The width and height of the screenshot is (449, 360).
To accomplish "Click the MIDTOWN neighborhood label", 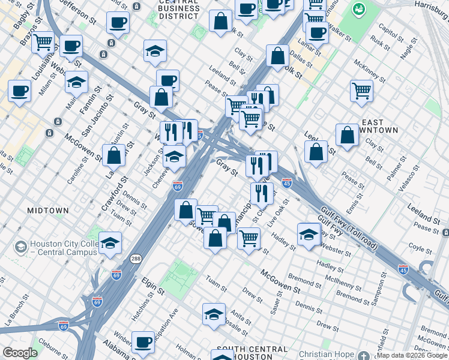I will point(47,211).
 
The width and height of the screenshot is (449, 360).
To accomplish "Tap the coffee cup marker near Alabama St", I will point(143,343).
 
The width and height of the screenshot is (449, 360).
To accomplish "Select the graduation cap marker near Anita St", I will point(214,315).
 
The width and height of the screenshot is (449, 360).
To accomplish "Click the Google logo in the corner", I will point(19,353).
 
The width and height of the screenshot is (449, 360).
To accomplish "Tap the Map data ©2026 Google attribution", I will point(412,355).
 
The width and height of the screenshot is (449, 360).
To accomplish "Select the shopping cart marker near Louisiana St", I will point(43,43).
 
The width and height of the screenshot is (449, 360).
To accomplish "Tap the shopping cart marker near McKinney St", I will point(361,91).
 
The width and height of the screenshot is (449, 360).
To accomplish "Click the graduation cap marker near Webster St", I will point(308,234).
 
